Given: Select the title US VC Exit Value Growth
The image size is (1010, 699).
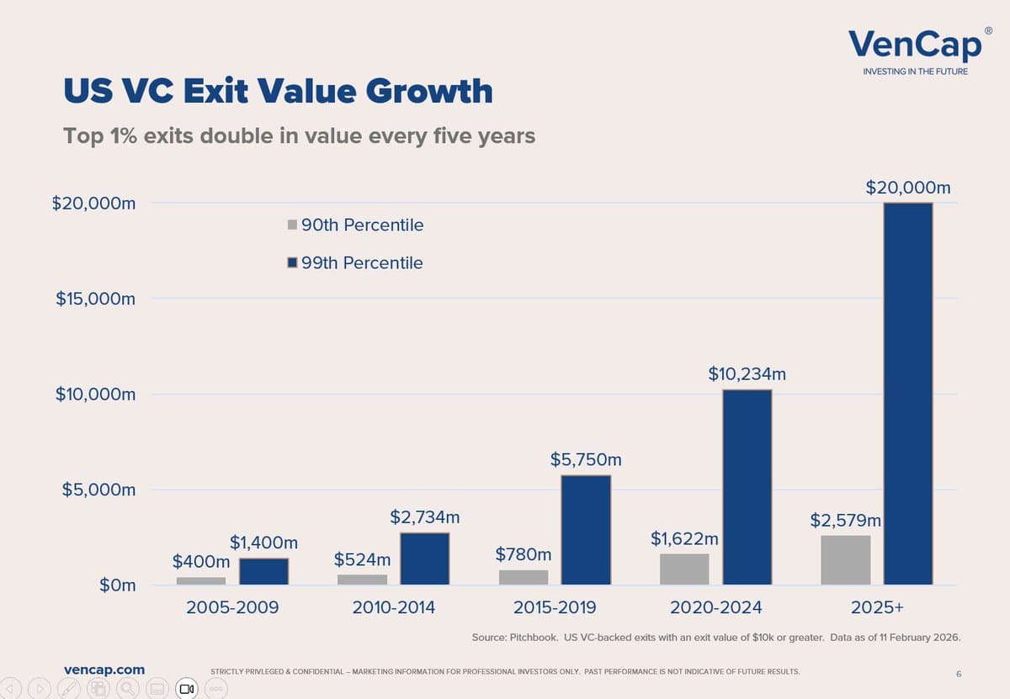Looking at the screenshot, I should pos(278,91).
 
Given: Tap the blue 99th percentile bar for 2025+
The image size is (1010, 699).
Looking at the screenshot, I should pos(907,393).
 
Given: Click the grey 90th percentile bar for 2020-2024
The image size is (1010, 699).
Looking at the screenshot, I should pos(684,569).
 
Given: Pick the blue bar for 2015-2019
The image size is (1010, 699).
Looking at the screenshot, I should pos(586,529).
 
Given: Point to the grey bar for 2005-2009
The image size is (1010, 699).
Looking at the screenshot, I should pos(201,580).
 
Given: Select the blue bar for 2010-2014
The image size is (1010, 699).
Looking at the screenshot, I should pos(424,558).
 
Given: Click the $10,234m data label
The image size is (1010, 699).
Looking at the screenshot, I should pos(747,373).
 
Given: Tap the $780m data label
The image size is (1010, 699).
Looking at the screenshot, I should pos(523,554).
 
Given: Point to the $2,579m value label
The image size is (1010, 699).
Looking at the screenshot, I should pos(845,520).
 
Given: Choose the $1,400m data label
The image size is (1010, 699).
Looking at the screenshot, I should pos(263,543).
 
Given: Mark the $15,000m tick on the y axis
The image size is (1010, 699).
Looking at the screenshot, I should pos(95,299).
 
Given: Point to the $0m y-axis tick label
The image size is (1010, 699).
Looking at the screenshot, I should pos(117,585).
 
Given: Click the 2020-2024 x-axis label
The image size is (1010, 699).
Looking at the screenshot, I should pos(715,607).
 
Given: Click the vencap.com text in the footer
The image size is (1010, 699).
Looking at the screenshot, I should pos(104,670).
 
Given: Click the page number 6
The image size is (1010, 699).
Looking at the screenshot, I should pos(959,674).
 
